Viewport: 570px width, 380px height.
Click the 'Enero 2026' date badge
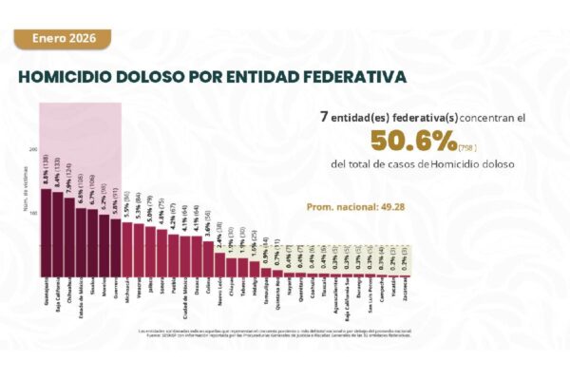pyautogui.click(x=57, y=39)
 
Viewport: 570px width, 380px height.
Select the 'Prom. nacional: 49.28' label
pyautogui.click(x=347, y=206)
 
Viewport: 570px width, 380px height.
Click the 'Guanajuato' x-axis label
pyautogui.click(x=47, y=293)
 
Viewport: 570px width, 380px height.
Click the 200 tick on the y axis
pyautogui.click(x=33, y=150)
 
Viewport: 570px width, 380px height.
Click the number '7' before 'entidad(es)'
pyautogui.click(x=326, y=115)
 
